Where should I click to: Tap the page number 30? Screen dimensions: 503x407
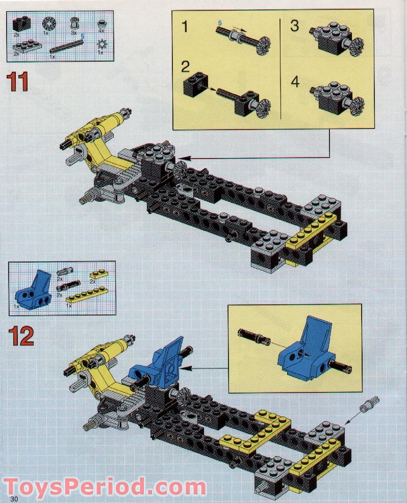tap(13, 497)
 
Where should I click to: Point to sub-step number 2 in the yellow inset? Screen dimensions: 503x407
tap(185, 67)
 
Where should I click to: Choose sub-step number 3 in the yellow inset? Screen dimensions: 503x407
tap(294, 26)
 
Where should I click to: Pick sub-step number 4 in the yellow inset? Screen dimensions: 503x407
tap(295, 81)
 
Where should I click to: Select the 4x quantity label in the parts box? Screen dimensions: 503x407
tap(101, 31)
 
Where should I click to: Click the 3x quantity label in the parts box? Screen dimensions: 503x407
tap(73, 32)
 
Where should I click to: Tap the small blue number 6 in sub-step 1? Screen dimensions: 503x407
tap(220, 23)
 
